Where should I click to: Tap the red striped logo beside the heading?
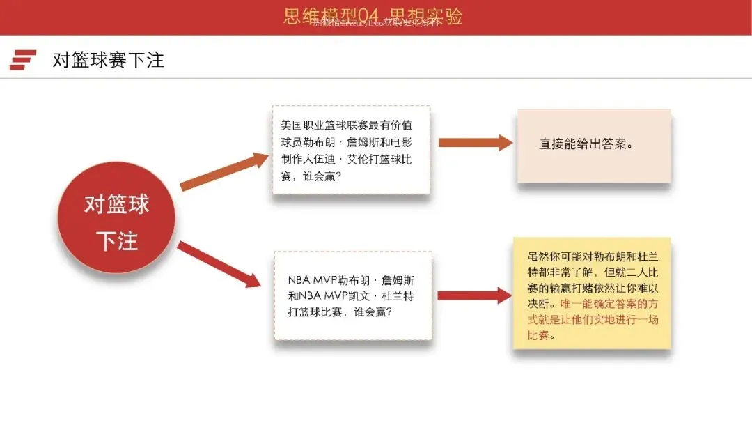point(23,60)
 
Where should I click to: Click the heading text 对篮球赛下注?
point(108,60)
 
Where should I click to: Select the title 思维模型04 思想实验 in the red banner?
point(373,16)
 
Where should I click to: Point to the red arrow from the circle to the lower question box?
point(219,264)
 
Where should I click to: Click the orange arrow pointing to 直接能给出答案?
point(474,143)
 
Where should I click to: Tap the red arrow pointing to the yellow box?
point(474,295)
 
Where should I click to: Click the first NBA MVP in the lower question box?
point(313,280)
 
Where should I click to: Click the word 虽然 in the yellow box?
point(538,256)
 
